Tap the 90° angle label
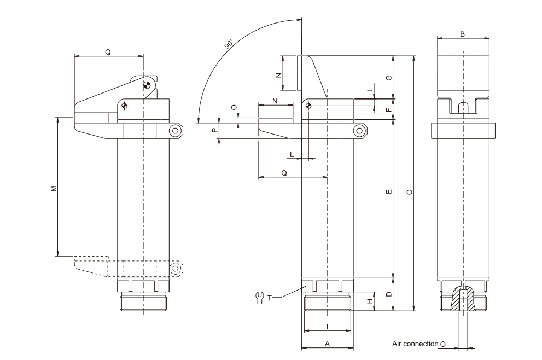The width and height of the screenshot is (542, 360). tap(229, 44)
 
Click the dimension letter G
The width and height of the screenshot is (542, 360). tap(388, 77)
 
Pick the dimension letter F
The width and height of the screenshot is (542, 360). tap(388, 109)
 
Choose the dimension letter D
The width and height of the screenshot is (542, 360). tap(388, 294)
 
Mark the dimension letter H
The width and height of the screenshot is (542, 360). tap(370, 301)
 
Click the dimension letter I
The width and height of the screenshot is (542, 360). tap(327, 327)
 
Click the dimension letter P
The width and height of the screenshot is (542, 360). tap(215, 131)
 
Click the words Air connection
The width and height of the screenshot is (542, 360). tap(415, 344)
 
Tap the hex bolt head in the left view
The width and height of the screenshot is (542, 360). tap(174, 130)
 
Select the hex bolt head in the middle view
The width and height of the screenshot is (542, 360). tap(359, 130)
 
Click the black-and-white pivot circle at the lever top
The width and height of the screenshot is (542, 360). tap(146, 85)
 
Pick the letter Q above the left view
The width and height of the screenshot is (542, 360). tap(108, 53)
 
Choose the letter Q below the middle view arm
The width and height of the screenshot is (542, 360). tap(284, 173)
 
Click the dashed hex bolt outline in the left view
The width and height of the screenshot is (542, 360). tap(176, 268)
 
